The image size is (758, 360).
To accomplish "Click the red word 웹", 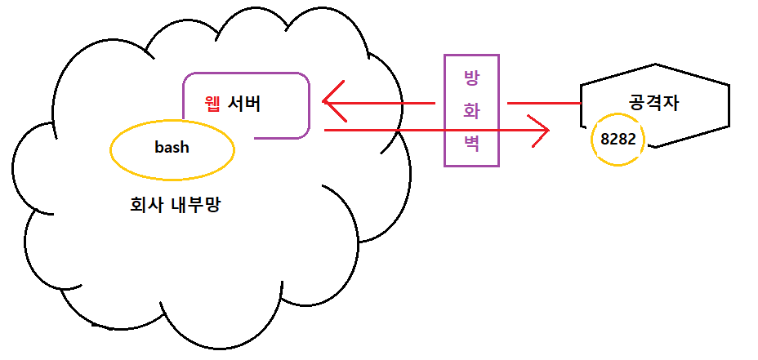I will [214, 104].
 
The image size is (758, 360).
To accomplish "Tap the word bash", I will [172, 148].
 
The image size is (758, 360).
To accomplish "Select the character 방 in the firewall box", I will [471, 79].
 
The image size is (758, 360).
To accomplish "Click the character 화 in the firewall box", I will [471, 110].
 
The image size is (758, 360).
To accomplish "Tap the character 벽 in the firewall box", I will [471, 142].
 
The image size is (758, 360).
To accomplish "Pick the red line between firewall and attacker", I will [543, 104].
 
